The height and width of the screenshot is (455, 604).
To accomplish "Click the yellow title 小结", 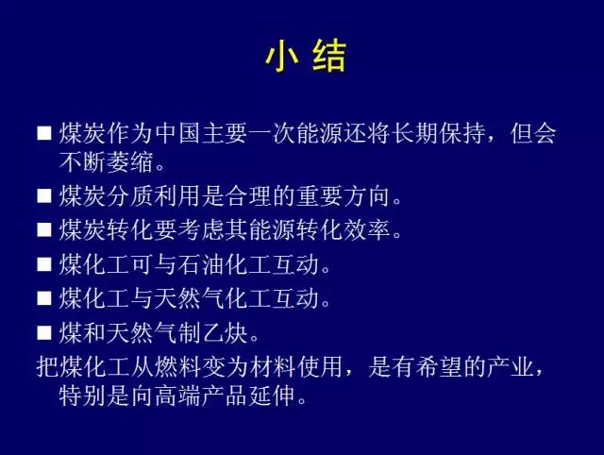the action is (x=306, y=57).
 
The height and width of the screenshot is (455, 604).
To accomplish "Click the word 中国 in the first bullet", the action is (x=177, y=133).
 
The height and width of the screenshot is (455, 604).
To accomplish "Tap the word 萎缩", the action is (x=130, y=161).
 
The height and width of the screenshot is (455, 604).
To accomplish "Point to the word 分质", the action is (x=130, y=195).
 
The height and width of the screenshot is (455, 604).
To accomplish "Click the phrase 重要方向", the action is (x=344, y=195).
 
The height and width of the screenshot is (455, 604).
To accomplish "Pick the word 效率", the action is (x=367, y=230).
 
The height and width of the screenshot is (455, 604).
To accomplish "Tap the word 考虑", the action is (x=201, y=230).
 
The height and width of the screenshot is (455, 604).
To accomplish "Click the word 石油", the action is (x=201, y=264).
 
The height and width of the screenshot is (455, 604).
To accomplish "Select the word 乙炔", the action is (x=225, y=333).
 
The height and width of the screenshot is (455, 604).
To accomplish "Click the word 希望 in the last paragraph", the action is (x=439, y=366).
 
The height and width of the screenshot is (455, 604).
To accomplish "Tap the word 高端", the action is (x=177, y=396).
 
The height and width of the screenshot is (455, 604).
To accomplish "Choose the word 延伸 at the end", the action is (x=272, y=396).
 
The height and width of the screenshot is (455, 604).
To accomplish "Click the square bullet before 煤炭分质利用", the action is (x=44, y=195).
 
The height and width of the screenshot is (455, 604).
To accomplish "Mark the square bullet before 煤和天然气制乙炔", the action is (x=44, y=333).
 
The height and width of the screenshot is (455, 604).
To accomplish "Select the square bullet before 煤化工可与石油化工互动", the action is (x=44, y=264).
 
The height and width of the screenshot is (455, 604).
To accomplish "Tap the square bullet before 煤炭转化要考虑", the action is (x=44, y=230).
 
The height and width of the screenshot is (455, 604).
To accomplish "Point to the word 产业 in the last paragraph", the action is (x=510, y=366).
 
